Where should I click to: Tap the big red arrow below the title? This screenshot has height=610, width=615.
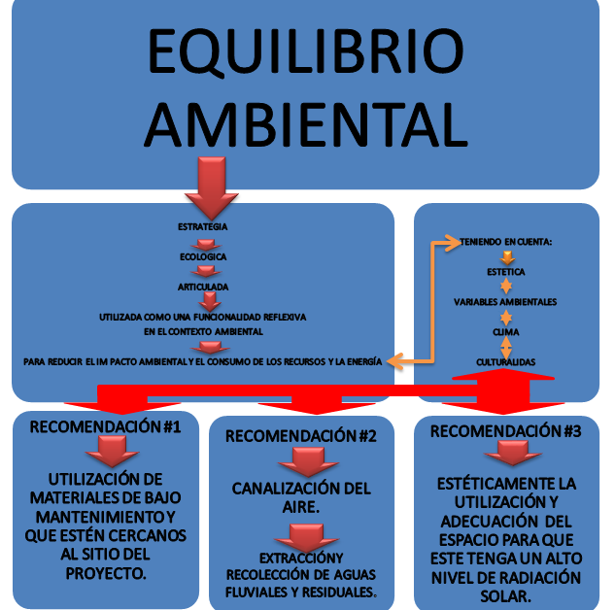[x=202, y=187]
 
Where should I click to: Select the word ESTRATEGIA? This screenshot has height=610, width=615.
[x=202, y=226]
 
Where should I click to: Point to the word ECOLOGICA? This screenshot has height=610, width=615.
[x=203, y=256]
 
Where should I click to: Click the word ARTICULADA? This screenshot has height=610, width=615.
[x=203, y=288]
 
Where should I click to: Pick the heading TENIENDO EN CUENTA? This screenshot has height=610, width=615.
[x=506, y=242]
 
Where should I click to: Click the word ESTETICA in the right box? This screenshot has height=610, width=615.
[x=505, y=273]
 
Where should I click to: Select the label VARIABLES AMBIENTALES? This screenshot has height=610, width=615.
[x=505, y=302]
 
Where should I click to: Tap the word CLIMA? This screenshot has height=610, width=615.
[x=505, y=332]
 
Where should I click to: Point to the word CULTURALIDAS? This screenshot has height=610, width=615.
[x=505, y=362]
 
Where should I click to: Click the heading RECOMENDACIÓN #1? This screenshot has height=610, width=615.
[x=105, y=426]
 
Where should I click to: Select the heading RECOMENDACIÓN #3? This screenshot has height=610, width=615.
[x=505, y=430]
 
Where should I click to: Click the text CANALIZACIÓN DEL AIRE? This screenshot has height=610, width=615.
[x=300, y=496]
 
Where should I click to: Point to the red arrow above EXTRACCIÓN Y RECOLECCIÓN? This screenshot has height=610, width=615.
[x=301, y=535]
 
